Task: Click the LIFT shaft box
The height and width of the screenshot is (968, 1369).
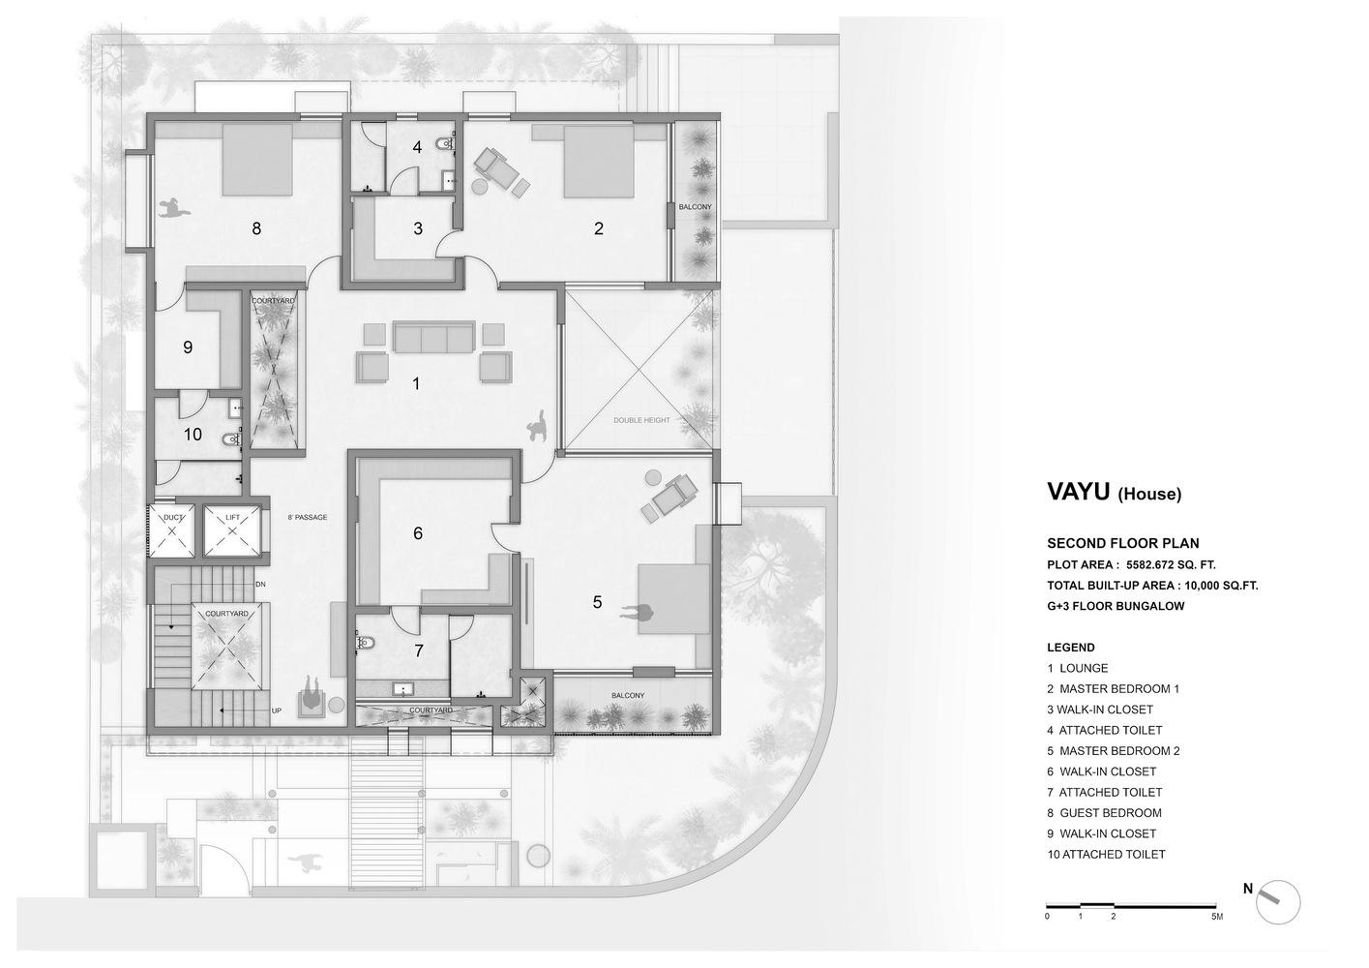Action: [232, 531]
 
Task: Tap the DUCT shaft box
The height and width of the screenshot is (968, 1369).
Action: [172, 531]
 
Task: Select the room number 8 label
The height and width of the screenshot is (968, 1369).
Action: [256, 228]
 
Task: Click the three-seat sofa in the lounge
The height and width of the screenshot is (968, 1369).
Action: [434, 338]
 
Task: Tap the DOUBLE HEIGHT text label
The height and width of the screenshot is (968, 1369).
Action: [641, 421]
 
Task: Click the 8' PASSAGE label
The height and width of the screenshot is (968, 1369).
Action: [308, 517]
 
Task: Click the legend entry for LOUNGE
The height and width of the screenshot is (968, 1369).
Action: [1078, 668]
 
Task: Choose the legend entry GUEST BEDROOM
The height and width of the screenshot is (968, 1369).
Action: [1104, 813]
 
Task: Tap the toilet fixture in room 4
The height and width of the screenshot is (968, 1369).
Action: [445, 144]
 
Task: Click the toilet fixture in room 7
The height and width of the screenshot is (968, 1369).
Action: [365, 643]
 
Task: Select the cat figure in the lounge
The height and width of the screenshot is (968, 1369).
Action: [539, 425]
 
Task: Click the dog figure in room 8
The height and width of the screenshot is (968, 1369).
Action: [175, 208]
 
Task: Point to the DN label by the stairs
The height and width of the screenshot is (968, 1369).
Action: [260, 584]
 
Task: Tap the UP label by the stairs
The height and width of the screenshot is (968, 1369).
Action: [277, 711]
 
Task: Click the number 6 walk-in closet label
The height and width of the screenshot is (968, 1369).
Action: [418, 533]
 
